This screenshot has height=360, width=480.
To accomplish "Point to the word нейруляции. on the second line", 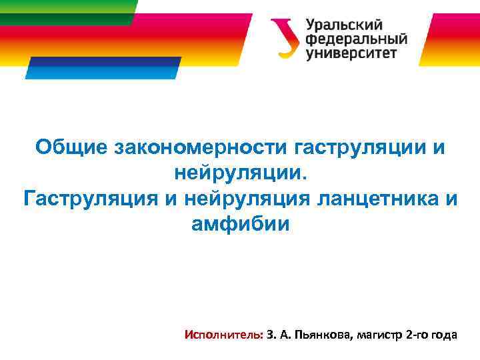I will [242, 173].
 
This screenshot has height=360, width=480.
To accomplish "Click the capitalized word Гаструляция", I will [90, 199].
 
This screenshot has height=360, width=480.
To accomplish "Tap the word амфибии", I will [241, 224].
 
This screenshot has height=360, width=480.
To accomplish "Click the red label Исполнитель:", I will [223, 334].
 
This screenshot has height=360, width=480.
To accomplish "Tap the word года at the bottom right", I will [445, 334].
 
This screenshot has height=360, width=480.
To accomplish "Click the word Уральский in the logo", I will [344, 25].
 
